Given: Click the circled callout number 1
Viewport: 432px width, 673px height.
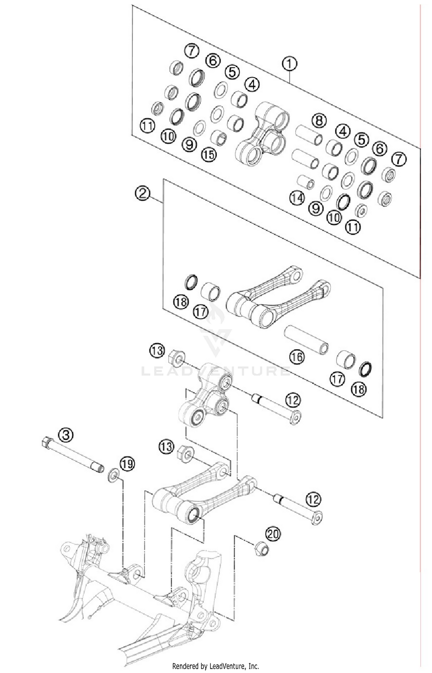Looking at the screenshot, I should coord(289,64).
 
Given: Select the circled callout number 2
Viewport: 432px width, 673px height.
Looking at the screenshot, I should coord(143,193).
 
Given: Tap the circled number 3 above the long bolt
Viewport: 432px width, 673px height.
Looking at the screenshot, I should coord(66,435).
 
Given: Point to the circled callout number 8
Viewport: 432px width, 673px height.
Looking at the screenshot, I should coord(319,120).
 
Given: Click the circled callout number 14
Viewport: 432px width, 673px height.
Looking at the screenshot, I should coord(297,198).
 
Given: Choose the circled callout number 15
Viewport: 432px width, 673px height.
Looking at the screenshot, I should coord(209,155).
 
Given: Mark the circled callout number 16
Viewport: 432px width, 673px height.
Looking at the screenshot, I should coord(297,357).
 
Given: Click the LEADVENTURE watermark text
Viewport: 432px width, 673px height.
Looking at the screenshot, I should coord(216,371).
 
